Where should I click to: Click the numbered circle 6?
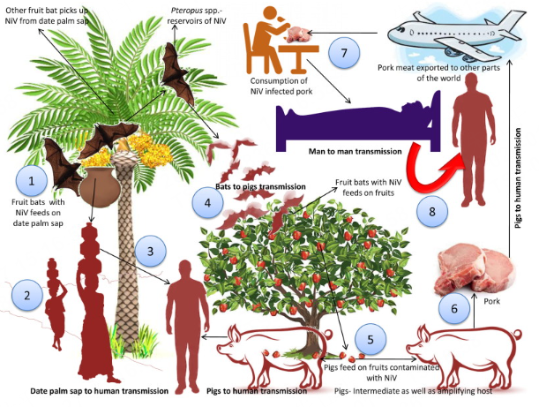[x=453, y=309]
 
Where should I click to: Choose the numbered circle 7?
[x=345, y=53]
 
